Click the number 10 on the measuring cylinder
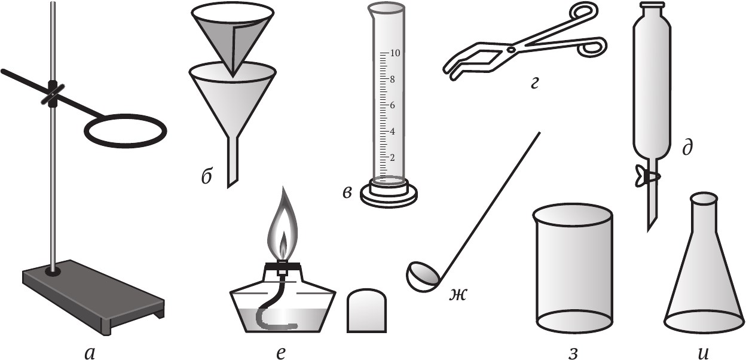(395, 53)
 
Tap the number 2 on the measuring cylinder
(392, 157)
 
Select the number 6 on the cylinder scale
(392, 105)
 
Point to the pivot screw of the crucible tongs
(512, 50)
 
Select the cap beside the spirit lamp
(366, 311)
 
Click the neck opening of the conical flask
(704, 199)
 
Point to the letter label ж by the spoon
(457, 295)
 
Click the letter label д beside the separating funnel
(687, 147)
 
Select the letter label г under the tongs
(534, 84)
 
